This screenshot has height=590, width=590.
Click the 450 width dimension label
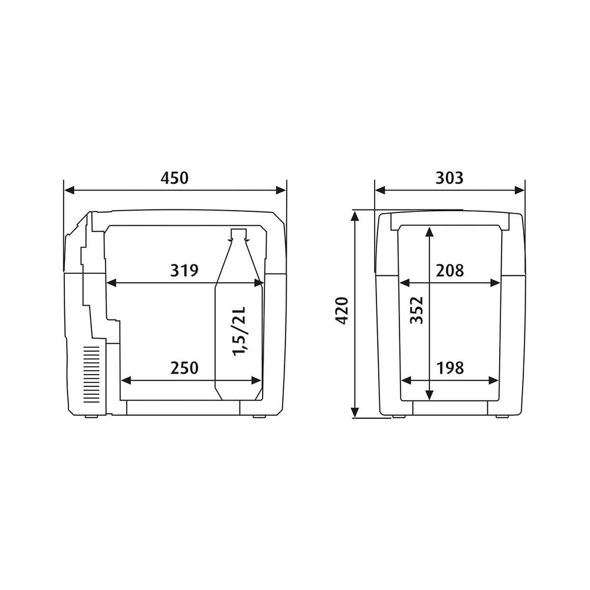(x=174, y=178)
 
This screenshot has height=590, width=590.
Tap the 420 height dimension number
(x=342, y=311)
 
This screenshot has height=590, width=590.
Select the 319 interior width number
(x=184, y=271)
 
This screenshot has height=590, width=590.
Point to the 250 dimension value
(x=184, y=368)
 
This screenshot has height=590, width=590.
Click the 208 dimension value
(x=450, y=271)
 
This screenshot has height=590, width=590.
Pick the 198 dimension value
(x=450, y=368)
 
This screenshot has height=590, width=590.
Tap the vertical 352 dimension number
(x=417, y=310)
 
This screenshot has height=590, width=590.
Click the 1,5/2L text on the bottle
(x=239, y=331)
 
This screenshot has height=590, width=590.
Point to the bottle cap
(x=238, y=233)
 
